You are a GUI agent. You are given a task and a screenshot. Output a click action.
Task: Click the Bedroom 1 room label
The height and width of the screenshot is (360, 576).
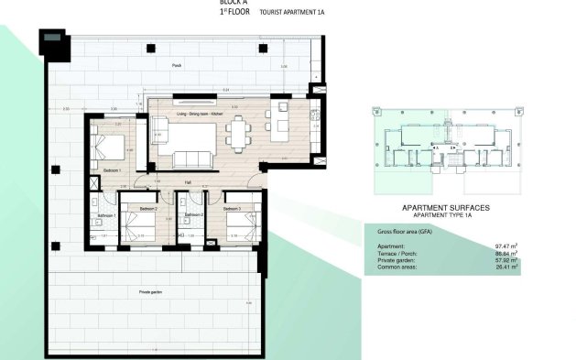113,170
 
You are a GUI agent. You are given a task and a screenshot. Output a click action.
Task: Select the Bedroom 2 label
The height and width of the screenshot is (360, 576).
149,210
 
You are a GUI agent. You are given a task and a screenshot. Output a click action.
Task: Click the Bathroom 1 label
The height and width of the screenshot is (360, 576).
106,215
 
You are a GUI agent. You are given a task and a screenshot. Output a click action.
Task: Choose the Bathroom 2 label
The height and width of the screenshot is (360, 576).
193,215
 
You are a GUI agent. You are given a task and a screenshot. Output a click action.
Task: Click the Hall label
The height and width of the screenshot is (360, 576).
188,182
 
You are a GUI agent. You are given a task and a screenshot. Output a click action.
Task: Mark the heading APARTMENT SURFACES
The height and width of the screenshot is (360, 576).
445,208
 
